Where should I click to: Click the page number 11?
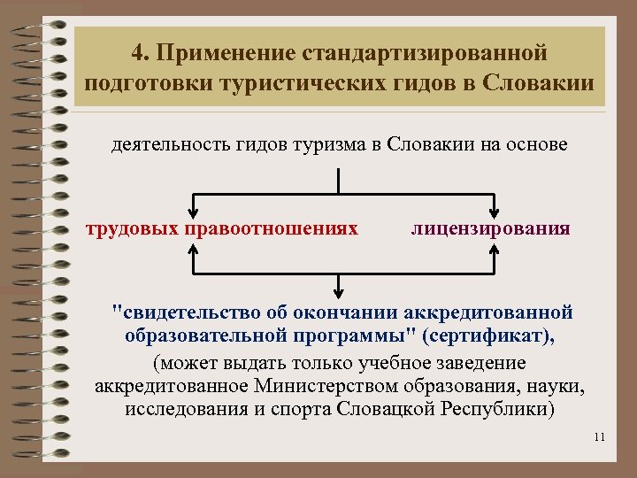(599, 436)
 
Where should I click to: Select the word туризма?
(340, 145)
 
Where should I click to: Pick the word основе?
(535, 145)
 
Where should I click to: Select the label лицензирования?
(490, 229)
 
